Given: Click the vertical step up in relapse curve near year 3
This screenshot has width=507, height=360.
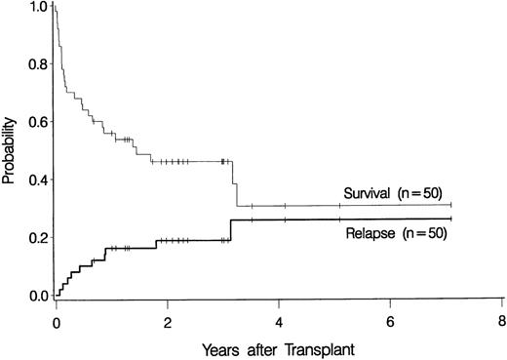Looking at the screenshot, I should (x=231, y=229).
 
